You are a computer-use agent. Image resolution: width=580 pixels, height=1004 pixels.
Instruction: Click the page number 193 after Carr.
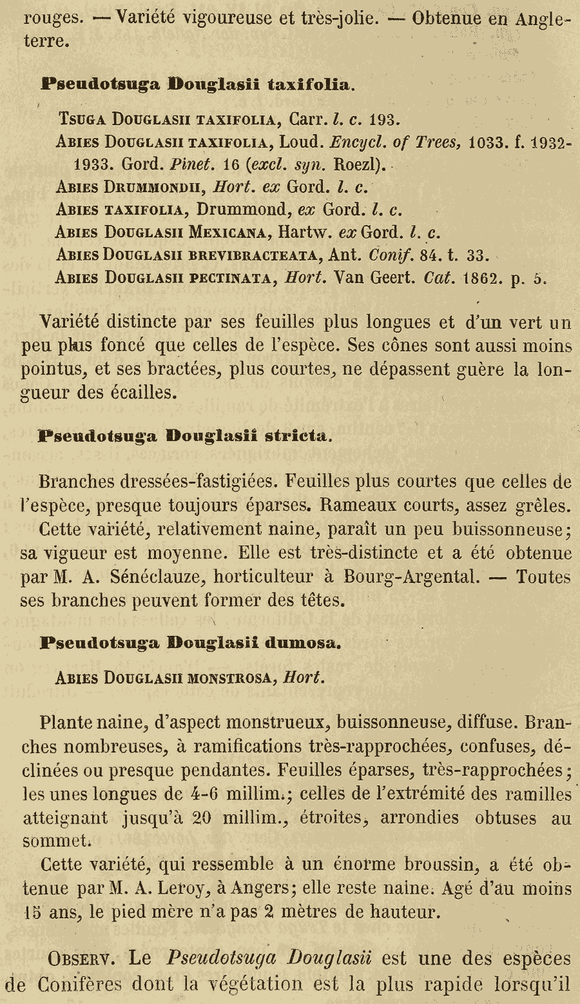[x=385, y=119]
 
